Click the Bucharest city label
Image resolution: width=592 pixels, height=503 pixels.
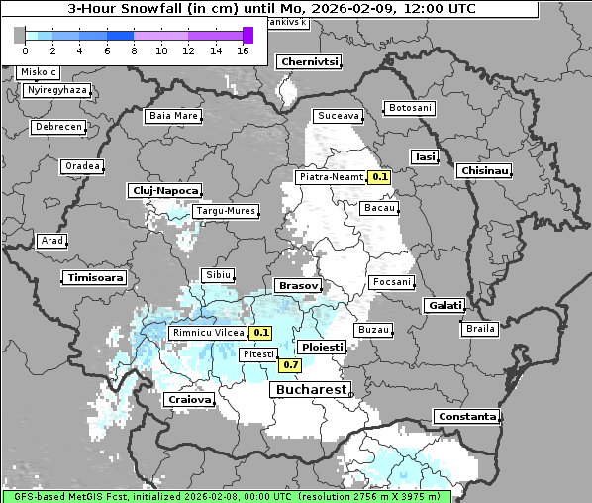pyautogui.click(x=310, y=389)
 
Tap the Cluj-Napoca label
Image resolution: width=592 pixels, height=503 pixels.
pyautogui.click(x=164, y=190)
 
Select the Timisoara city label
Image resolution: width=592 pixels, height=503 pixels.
pyautogui.click(x=95, y=278)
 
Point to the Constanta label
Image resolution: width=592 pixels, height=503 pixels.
pyautogui.click(x=466, y=417)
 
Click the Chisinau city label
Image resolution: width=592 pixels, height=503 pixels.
pyautogui.click(x=485, y=171)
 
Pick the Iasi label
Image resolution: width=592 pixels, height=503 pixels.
pyautogui.click(x=426, y=156)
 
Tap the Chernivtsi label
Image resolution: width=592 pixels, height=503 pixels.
pyautogui.click(x=310, y=61)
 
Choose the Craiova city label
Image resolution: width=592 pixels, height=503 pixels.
pyautogui.click(x=189, y=400)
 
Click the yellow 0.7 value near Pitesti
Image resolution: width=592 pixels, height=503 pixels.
pyautogui.click(x=290, y=365)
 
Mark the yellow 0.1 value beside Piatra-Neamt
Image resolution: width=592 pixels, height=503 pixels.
pyautogui.click(x=379, y=177)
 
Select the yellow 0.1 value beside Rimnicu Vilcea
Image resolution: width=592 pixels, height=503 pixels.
pyautogui.click(x=261, y=333)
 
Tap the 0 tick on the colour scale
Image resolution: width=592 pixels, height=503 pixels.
pyautogui.click(x=24, y=50)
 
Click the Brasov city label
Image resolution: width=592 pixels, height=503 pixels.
pyautogui.click(x=298, y=285)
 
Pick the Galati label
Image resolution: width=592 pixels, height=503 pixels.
pyautogui.click(x=444, y=306)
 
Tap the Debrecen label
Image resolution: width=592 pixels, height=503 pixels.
pyautogui.click(x=57, y=128)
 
